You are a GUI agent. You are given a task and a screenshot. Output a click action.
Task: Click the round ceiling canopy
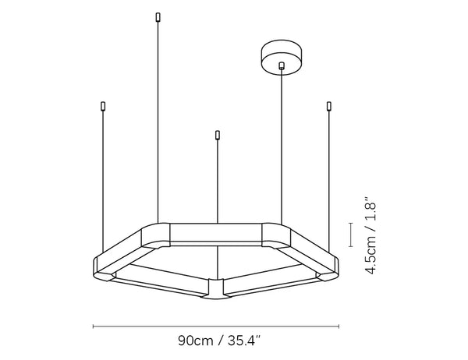coord(281,57)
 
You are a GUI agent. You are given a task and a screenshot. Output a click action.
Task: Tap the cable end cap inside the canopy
coord(281,65)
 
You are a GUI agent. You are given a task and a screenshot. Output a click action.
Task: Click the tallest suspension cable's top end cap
coord(158,17)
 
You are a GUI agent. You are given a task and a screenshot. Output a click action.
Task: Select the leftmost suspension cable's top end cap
coord(103,106)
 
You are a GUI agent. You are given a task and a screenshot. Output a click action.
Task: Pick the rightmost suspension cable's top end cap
coord(329,106)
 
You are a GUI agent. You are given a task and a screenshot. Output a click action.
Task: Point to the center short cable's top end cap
coord(218,135)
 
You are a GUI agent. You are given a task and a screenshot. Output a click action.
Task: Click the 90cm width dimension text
coord(196,341)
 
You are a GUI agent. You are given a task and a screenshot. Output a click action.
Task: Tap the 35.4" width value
coord(244,341)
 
